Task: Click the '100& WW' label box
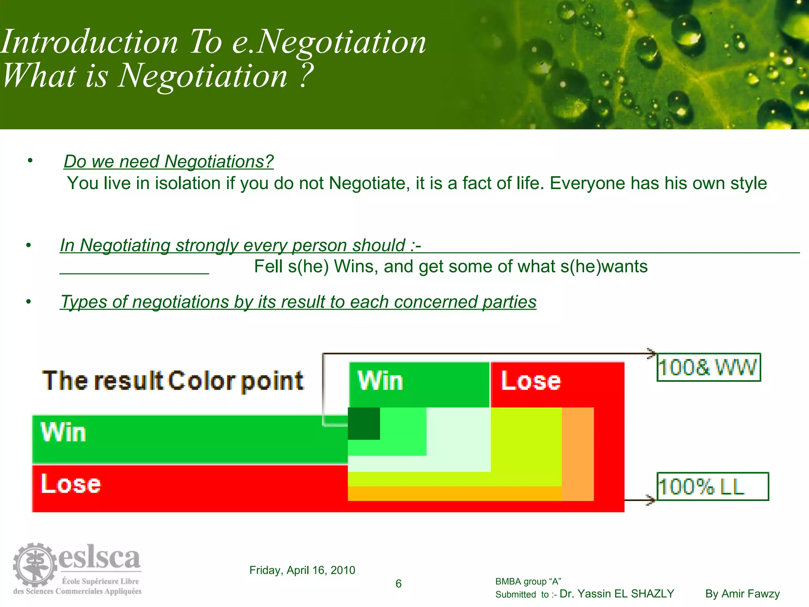click(x=709, y=367)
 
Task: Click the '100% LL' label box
click(x=713, y=486)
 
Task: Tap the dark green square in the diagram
click(x=364, y=424)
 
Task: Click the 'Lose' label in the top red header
click(x=531, y=381)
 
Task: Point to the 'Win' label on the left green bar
click(x=63, y=432)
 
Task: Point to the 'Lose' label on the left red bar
click(x=71, y=484)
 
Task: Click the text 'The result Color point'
click(x=173, y=381)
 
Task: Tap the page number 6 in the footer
click(x=399, y=584)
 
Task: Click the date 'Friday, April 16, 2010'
click(x=302, y=570)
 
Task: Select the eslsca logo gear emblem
click(x=35, y=564)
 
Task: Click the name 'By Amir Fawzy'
click(x=742, y=594)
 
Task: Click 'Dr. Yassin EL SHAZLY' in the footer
click(x=617, y=594)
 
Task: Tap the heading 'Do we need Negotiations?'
click(x=169, y=162)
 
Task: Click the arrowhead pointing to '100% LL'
click(x=650, y=500)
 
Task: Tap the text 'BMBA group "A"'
click(x=528, y=581)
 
